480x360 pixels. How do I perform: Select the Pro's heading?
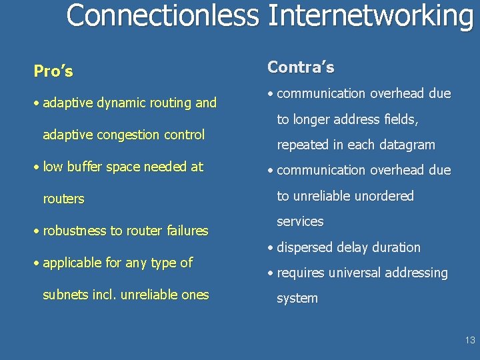tap(53, 71)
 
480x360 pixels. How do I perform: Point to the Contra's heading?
tap(301, 67)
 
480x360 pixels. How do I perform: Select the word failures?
tap(182, 231)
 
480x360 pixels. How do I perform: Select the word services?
tap(300, 221)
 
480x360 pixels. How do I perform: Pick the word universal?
tap(352, 273)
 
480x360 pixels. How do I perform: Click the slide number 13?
tap(470, 340)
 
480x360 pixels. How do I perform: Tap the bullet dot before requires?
tap(271, 273)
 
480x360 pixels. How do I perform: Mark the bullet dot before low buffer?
tap(37, 167)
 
